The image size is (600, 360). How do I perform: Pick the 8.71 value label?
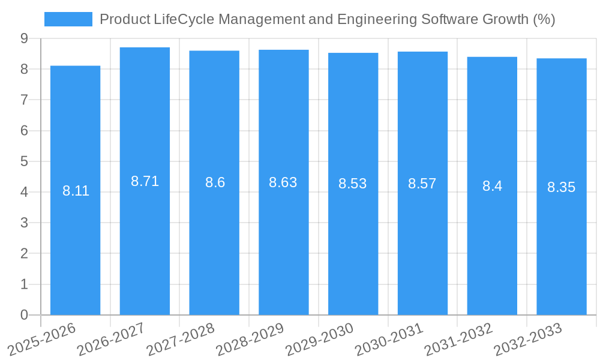pos(145,181)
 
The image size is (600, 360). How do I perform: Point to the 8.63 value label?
pos(283,182)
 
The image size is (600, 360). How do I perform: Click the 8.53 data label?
pos(353,184)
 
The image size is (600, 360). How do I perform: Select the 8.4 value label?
pos(492,186)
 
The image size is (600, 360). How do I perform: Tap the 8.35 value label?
pos(561,187)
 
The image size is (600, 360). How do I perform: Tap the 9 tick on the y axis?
pos(24,38)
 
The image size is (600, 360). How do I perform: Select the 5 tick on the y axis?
pos(24,161)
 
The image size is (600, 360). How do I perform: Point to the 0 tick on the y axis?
pos(24,315)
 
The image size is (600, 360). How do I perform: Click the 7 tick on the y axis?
pos(24,100)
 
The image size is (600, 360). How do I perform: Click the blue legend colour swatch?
pos(68,19)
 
